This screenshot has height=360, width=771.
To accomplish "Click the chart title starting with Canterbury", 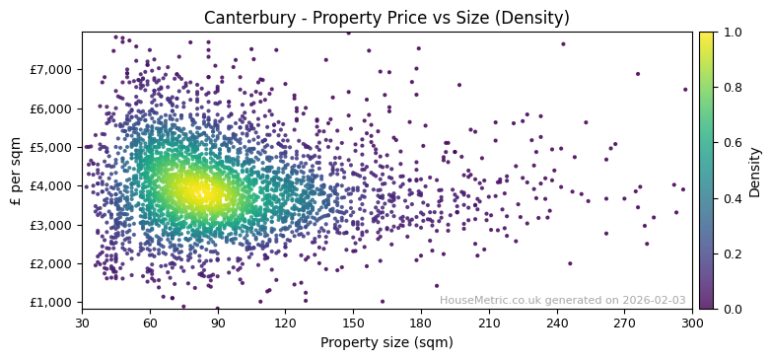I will (386, 18).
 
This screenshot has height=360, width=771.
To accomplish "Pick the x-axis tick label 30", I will (82, 323).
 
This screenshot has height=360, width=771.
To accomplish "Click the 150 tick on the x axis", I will (353, 323).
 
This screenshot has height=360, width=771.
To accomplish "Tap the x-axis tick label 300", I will (692, 323).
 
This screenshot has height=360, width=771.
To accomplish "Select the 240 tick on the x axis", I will (556, 323).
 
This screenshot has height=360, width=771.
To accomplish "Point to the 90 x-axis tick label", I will (218, 323).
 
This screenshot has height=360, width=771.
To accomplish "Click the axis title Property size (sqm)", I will (386, 343).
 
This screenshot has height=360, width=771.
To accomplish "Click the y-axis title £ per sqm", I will (16, 171).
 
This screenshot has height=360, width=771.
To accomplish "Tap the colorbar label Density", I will (755, 171).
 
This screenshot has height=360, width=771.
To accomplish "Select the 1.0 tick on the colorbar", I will (730, 33).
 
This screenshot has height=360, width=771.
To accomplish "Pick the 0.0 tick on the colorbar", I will (730, 309).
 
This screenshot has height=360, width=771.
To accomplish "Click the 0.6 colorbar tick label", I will (730, 143).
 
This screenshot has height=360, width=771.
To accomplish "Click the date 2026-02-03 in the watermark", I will (653, 300).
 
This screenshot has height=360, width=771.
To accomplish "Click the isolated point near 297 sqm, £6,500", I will (685, 90).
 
